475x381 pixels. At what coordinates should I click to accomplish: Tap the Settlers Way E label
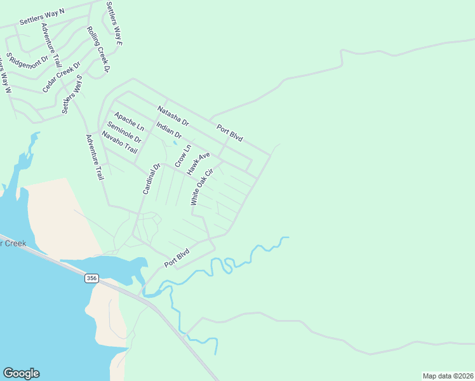pos(114,23)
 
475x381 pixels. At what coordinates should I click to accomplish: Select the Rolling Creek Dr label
pos(98,49)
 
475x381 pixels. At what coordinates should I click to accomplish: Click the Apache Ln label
pos(129,123)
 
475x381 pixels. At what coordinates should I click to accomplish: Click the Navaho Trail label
pos(119,142)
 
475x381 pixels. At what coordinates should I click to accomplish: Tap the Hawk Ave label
pos(198,164)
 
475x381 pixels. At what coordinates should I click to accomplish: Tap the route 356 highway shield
pos(92,278)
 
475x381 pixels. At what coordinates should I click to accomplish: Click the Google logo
pos(21,373)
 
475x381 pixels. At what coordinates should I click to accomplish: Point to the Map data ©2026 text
pos(448,376)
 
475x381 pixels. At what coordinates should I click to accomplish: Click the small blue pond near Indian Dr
pos(175,142)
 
